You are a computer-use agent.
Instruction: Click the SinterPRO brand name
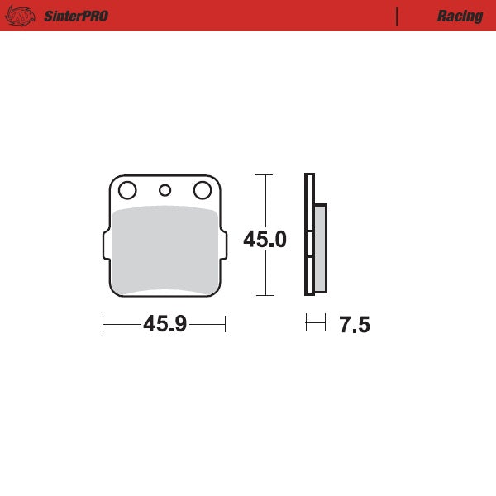tap(75, 16)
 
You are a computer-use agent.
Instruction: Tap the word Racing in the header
tap(460, 16)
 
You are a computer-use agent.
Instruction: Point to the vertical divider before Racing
tap(398, 16)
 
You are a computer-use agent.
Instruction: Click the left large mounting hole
tap(126, 191)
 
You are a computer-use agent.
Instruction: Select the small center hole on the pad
tap(165, 191)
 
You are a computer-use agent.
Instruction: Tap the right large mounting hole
tap(201, 191)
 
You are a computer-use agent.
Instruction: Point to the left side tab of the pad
tap(105, 246)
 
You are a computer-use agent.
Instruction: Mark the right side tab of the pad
tap(223, 246)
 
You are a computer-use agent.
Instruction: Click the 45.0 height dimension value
tap(265, 240)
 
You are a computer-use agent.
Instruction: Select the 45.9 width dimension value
tap(164, 324)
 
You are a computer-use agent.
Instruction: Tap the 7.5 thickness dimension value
tap(354, 325)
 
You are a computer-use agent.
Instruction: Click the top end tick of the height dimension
tap(264, 175)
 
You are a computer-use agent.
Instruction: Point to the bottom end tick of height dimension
tap(264, 295)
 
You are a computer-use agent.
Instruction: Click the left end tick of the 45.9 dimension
tap(103, 324)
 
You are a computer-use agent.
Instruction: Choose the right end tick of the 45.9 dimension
tap(225, 324)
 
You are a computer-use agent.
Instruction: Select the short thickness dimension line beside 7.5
tap(315, 323)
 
